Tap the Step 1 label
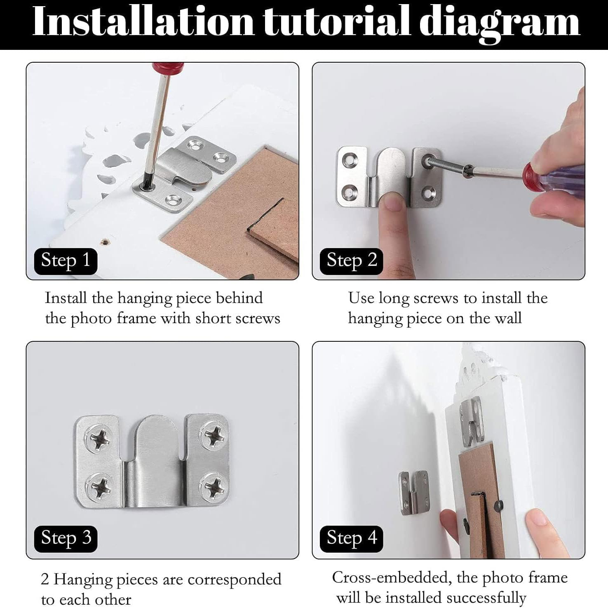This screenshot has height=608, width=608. point(66,261)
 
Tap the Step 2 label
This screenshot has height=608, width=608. point(352,261)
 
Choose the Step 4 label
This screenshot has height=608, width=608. point(352,538)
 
